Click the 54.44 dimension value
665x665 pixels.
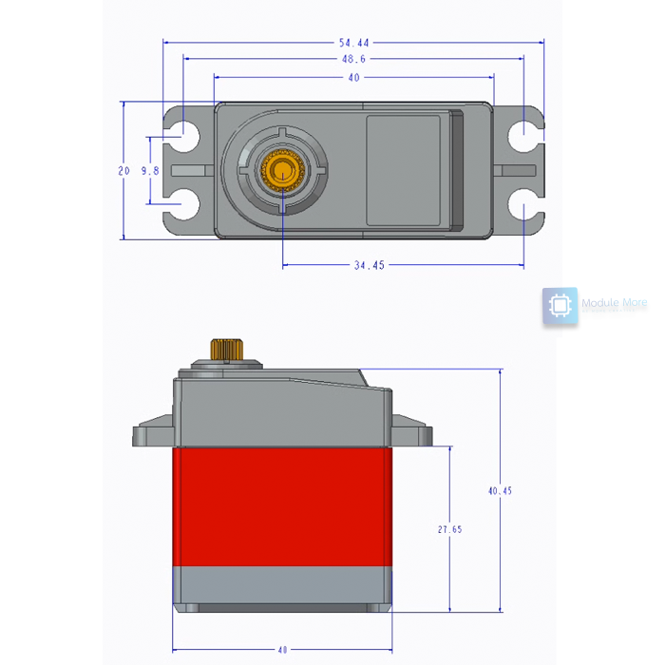click(353, 43)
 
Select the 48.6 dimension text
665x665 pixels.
click(353, 59)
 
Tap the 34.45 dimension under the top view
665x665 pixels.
click(369, 266)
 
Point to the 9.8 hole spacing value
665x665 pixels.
click(149, 171)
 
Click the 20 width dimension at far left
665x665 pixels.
click(123, 171)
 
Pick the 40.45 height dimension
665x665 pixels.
click(500, 491)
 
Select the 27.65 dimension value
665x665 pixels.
click(449, 529)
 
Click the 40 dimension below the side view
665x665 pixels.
click(281, 650)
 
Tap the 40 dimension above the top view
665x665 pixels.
click(353, 78)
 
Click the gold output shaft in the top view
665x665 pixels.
click(281, 171)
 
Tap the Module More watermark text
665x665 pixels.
click(614, 304)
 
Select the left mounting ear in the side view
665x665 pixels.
click(152, 434)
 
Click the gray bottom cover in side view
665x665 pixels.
click(281, 588)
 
